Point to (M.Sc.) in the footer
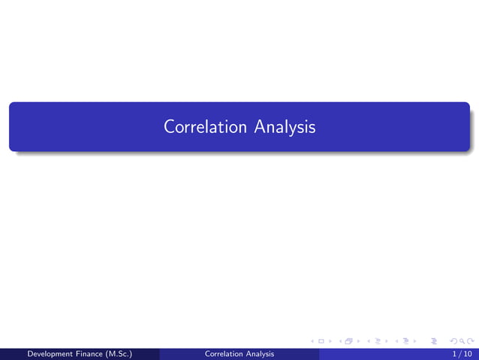(129, 353)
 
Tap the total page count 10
(467, 353)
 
